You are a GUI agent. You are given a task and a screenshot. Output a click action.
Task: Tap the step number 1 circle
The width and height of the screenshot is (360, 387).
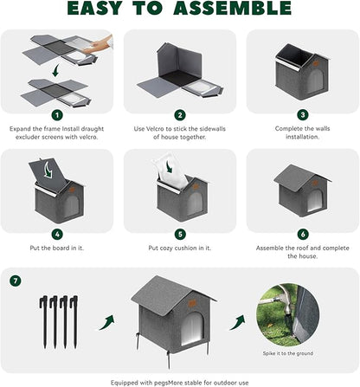[x=56, y=114]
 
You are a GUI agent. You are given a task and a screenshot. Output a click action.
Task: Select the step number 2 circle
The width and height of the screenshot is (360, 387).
[x=179, y=114]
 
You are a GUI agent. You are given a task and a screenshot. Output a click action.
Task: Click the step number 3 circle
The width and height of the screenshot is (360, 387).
[x=303, y=114]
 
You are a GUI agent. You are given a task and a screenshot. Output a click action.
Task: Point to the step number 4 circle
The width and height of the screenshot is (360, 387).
[x=56, y=234]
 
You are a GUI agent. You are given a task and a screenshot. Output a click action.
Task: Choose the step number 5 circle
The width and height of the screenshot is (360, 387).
[x=179, y=234]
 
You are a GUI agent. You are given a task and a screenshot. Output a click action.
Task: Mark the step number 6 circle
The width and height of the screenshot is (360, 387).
[x=303, y=234]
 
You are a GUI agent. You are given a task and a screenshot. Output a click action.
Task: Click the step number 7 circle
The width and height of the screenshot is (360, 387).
[x=15, y=281]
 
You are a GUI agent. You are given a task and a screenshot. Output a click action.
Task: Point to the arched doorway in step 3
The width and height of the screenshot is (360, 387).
[x=316, y=81]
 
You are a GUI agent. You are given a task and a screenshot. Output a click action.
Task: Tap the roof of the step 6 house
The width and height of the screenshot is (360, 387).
[x=299, y=174]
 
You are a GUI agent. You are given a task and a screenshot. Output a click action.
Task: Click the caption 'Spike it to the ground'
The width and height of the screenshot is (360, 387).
[x=288, y=354]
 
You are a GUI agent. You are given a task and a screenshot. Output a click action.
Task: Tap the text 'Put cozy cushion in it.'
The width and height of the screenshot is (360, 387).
[x=179, y=248]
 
